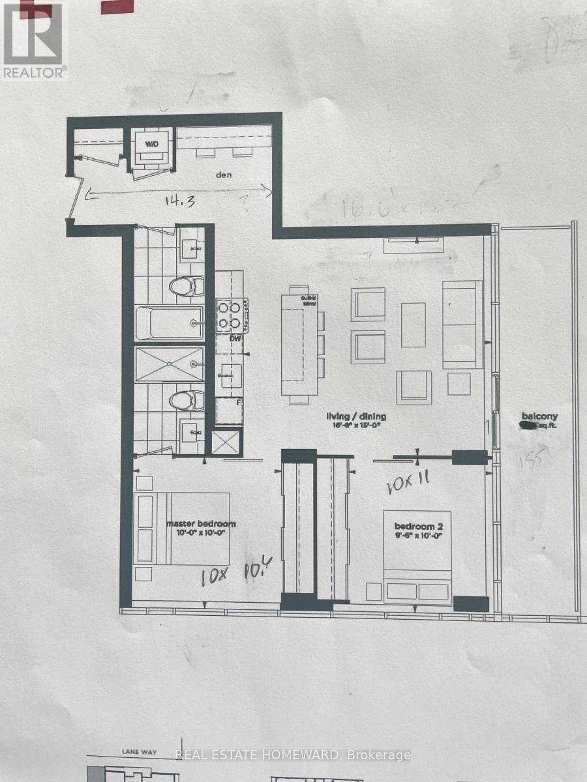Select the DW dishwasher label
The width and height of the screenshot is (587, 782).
point(235,338)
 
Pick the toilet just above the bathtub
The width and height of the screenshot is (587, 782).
point(187,286)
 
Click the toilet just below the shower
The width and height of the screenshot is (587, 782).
point(187,401)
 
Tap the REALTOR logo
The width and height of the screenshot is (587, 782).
point(33,40)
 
